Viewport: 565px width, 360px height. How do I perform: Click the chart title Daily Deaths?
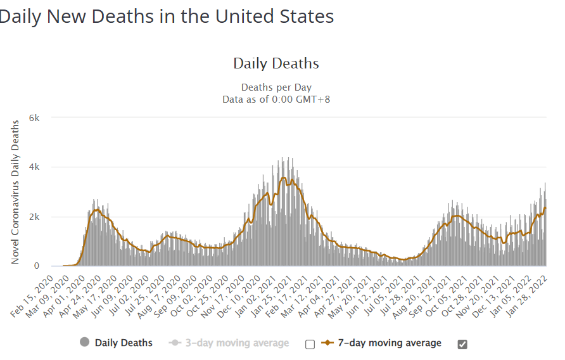click(276, 63)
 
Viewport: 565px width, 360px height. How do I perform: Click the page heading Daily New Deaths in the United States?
click(167, 16)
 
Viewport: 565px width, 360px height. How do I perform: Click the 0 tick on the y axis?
click(37, 266)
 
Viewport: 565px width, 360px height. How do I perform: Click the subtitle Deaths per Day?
click(276, 87)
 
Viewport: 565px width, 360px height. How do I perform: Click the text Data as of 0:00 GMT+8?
click(276, 100)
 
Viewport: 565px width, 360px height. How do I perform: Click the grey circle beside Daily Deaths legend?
click(84, 343)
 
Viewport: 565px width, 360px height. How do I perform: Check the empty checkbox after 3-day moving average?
click(310, 344)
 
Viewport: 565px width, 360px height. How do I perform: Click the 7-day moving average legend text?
click(390, 343)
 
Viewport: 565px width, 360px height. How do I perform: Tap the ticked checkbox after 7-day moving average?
click(462, 344)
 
